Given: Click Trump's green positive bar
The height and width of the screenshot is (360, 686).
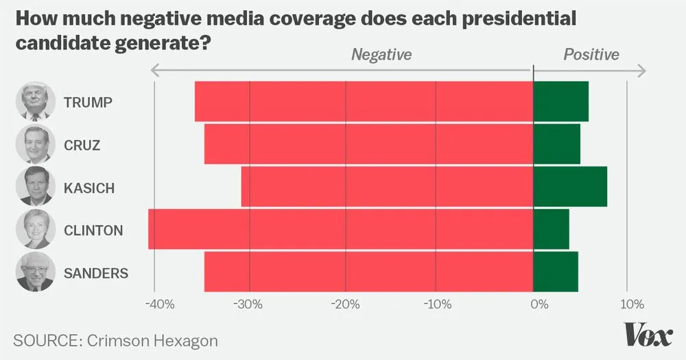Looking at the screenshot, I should tap(560, 101).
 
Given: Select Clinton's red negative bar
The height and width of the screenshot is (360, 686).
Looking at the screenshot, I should tap(341, 229).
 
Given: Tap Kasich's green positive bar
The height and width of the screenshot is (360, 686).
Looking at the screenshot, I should tap(569, 187).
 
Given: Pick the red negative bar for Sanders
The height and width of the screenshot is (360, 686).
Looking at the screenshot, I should tap(368, 272).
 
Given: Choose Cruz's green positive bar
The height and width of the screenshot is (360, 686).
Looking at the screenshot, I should tap(556, 144).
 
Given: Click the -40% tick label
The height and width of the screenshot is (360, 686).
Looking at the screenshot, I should tap(158, 304).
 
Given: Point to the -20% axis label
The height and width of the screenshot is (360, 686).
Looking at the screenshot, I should tap(346, 304).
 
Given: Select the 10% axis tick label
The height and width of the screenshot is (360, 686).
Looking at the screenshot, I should tap(631, 304).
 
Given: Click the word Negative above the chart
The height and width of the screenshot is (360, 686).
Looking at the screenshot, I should tap(381, 55).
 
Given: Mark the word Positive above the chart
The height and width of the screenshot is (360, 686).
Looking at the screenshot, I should tap(591, 55).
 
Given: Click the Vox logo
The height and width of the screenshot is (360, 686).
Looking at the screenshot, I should tap(648, 335).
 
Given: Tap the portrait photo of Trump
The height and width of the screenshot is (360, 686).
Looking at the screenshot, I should tap(35, 101).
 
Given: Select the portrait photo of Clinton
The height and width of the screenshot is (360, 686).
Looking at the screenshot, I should tap(35, 229).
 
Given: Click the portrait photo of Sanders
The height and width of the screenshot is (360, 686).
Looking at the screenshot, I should tap(35, 272).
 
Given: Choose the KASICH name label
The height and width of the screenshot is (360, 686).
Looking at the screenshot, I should tap(89, 188).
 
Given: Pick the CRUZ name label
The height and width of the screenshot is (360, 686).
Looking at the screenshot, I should tap(82, 145).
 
